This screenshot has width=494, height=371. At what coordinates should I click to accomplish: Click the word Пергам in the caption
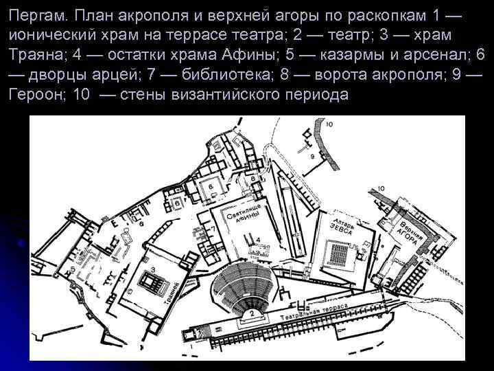coord(37,16)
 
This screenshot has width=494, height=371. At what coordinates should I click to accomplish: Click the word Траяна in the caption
coord(36,54)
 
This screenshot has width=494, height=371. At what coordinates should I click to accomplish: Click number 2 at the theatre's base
coord(252,313)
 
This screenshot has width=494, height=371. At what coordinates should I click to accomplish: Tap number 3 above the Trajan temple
coord(152,269)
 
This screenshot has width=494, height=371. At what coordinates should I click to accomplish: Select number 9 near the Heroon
coord(312,157)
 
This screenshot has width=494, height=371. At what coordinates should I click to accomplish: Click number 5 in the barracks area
coord(73,269)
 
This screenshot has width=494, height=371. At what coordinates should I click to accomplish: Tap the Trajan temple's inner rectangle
coord(149,282)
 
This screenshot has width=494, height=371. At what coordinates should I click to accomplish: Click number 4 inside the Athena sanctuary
coord(257,238)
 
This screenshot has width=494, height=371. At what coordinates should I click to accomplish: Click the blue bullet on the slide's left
coord(23,243)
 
